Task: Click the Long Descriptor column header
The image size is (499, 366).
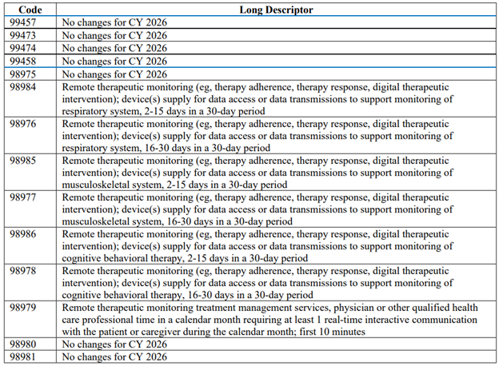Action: pos(276,10)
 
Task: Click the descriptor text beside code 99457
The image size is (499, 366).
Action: pos(114,22)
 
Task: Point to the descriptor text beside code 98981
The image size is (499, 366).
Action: pos(114,357)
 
